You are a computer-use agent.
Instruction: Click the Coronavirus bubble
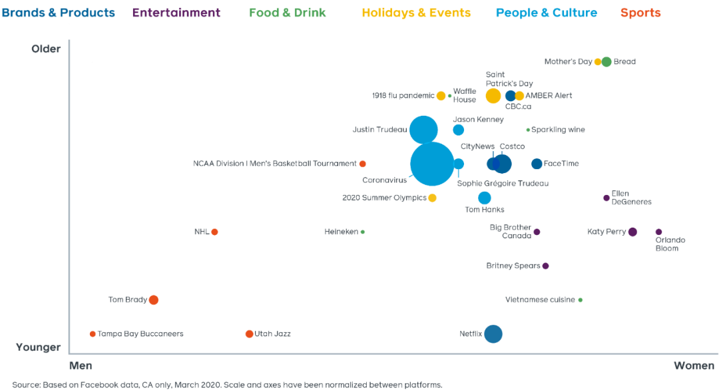click(432, 164)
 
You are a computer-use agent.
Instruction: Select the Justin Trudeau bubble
click(423, 130)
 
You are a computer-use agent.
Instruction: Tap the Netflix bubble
click(493, 333)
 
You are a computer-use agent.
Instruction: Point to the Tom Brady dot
click(153, 300)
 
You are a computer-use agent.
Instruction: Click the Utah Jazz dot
click(249, 334)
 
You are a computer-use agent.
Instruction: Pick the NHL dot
click(214, 232)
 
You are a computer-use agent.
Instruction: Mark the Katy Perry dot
click(632, 232)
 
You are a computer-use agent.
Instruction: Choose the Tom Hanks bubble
click(485, 198)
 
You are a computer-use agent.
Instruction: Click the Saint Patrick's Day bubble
click(493, 96)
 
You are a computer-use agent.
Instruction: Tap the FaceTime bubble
click(537, 164)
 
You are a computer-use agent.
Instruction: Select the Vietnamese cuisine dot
click(581, 300)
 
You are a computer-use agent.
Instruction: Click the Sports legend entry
click(640, 13)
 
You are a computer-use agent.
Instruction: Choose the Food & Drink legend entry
click(288, 13)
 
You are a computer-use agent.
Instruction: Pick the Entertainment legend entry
click(176, 13)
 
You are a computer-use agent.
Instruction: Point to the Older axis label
click(46, 49)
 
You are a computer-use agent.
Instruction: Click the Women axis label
click(694, 365)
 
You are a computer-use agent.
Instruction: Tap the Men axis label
click(81, 365)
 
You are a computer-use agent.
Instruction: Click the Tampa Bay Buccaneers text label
click(140, 334)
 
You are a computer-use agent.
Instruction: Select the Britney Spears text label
click(513, 266)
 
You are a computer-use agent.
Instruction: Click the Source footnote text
click(226, 385)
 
